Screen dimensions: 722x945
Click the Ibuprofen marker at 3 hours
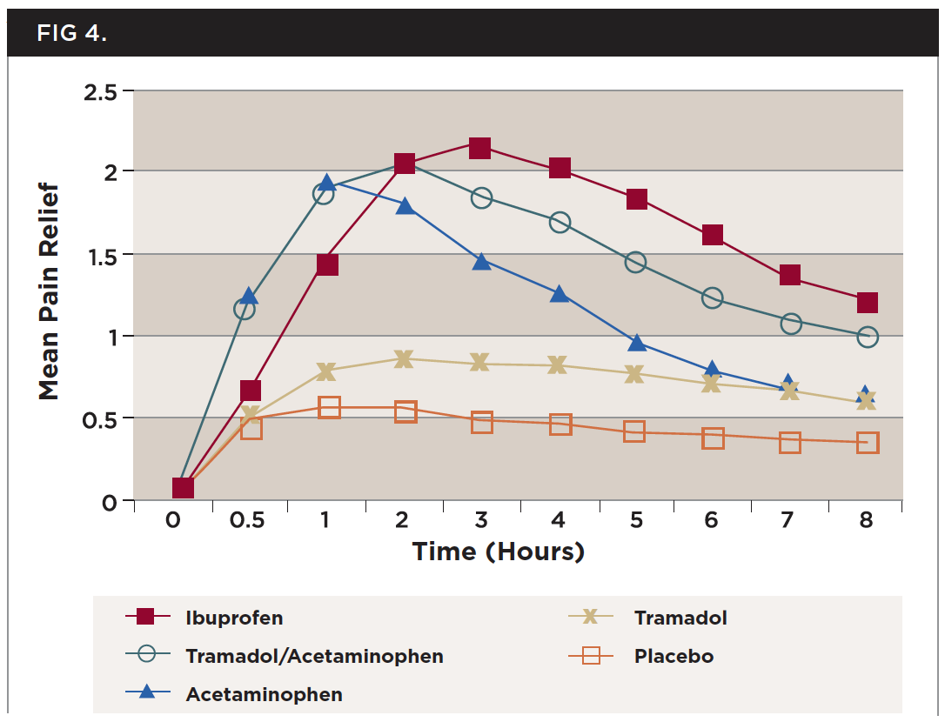click(x=479, y=148)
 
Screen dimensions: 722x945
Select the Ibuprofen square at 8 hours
click(x=867, y=303)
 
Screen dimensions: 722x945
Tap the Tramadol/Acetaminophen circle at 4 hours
click(x=560, y=223)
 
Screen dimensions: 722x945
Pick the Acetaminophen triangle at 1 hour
click(x=326, y=183)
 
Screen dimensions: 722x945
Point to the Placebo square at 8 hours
click(x=867, y=443)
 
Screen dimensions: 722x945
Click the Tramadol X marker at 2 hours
click(x=403, y=359)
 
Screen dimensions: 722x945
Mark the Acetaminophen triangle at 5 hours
click(x=636, y=343)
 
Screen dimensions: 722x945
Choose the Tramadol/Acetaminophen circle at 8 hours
click(x=867, y=337)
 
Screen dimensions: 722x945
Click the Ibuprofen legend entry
click(x=234, y=618)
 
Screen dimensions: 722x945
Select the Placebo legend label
click(x=674, y=656)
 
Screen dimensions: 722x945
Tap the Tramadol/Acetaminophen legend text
click(x=314, y=656)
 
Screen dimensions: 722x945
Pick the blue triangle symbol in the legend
click(x=146, y=692)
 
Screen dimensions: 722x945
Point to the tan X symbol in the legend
click(x=590, y=618)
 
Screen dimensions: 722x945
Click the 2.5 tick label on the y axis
click(x=102, y=91)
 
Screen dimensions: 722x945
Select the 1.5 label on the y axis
click(x=102, y=255)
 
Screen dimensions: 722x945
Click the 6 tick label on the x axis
click(x=712, y=521)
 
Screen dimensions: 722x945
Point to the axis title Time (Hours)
click(x=498, y=552)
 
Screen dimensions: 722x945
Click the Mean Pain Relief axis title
click(x=49, y=291)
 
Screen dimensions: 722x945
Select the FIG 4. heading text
click(x=71, y=33)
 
